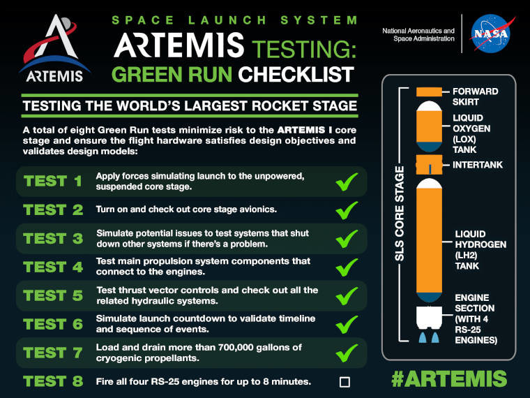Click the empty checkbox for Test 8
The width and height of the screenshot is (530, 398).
[x=344, y=382]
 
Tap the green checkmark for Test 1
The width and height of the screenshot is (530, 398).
[x=347, y=182]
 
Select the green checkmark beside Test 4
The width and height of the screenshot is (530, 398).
[x=347, y=267]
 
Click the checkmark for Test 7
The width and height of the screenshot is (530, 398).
[x=347, y=353]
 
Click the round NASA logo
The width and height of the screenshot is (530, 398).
[x=491, y=34]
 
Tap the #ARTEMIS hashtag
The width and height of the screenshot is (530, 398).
[x=449, y=378]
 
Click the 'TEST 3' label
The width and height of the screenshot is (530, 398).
[x=53, y=239]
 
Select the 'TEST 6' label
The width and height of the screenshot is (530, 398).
[x=53, y=324]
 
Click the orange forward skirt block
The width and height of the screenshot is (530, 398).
[x=429, y=91]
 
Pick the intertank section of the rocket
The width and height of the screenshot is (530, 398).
[x=429, y=165]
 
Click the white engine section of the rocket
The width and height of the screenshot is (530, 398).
[x=430, y=318]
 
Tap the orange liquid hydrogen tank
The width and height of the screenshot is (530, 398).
[x=430, y=240]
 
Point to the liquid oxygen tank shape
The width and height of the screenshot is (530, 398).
[x=430, y=126]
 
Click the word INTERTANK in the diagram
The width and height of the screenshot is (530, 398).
[x=478, y=165]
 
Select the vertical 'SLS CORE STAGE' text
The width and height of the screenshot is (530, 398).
[x=400, y=214]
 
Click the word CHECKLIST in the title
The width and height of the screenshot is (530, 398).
[x=296, y=74]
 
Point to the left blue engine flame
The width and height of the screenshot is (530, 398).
[x=423, y=337]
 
